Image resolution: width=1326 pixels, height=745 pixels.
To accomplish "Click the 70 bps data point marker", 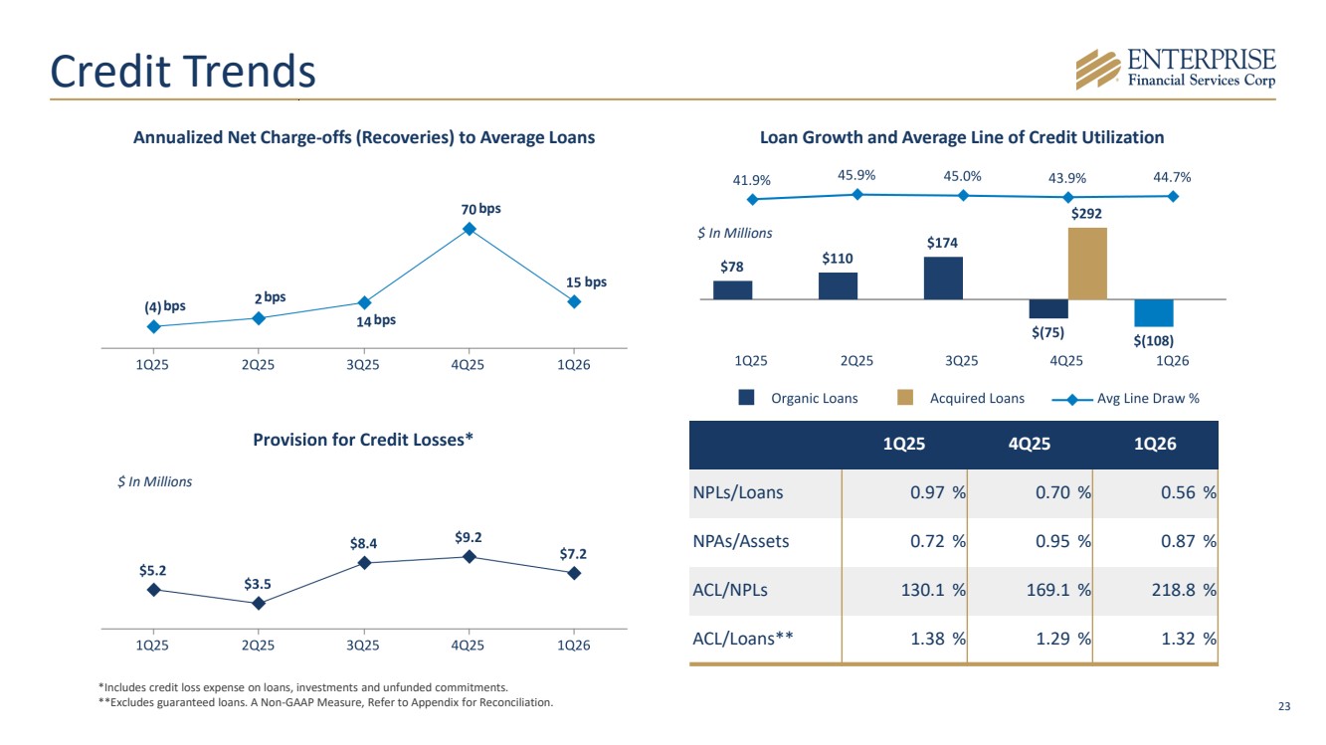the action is pyautogui.click(x=470, y=229).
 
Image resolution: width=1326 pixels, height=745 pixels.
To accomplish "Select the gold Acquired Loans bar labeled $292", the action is pyautogui.click(x=1087, y=264).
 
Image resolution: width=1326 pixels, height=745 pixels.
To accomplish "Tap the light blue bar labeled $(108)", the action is pyautogui.click(x=1154, y=313).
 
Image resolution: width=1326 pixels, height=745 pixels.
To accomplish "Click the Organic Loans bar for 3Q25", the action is pyautogui.click(x=943, y=279).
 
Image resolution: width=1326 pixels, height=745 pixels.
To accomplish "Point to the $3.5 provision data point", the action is pyautogui.click(x=259, y=604).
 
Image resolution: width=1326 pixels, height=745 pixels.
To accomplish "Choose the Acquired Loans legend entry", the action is pyautogui.click(x=961, y=398).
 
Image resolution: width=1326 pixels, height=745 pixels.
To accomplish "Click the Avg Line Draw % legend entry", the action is pyautogui.click(x=1125, y=399).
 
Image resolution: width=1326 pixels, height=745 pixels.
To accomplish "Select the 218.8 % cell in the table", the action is pyautogui.click(x=1156, y=591).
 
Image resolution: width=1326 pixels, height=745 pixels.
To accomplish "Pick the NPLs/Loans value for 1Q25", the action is pyautogui.click(x=904, y=493).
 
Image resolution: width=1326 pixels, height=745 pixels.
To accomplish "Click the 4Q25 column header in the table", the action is pyautogui.click(x=1030, y=444).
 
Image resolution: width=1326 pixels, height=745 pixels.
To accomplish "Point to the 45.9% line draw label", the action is pyautogui.click(x=855, y=176).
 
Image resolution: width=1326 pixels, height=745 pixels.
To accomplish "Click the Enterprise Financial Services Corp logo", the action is pyautogui.click(x=1176, y=70).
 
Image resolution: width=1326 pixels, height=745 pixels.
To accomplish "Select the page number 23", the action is pyautogui.click(x=1284, y=706).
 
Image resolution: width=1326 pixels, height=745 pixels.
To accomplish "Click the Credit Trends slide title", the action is pyautogui.click(x=183, y=71).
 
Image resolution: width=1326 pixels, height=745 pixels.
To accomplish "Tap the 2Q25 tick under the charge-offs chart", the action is pyautogui.click(x=258, y=364).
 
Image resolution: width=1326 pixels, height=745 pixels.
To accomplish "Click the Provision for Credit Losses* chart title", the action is pyautogui.click(x=363, y=440).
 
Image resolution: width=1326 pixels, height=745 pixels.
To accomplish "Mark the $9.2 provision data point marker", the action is pyautogui.click(x=470, y=557).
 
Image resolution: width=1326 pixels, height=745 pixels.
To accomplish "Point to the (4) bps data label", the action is pyautogui.click(x=165, y=306).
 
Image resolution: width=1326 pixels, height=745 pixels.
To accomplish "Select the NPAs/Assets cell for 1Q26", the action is pyautogui.click(x=1156, y=541).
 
